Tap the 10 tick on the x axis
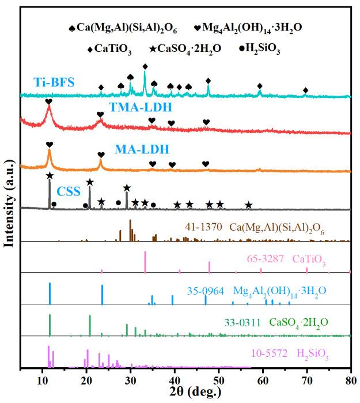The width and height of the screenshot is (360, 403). [43, 379]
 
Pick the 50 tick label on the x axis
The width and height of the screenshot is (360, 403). [218, 379]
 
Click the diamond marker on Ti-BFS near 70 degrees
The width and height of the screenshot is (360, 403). [305, 90]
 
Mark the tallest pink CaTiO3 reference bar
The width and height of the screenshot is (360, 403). [145, 261]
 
